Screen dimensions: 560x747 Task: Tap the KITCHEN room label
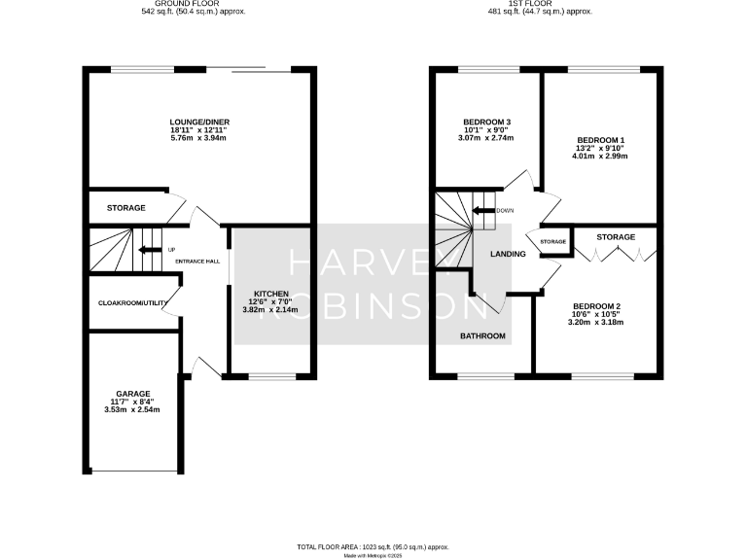pyautogui.click(x=271, y=293)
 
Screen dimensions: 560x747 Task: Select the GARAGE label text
pyautogui.click(x=132, y=393)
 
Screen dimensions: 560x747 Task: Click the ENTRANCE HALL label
pyautogui.click(x=197, y=262)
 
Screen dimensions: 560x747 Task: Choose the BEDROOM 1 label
pyautogui.click(x=600, y=139)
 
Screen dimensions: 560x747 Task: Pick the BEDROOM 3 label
pyautogui.click(x=486, y=122)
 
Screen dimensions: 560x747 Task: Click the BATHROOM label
pyautogui.click(x=482, y=336)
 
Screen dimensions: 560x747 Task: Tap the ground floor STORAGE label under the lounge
pyautogui.click(x=126, y=208)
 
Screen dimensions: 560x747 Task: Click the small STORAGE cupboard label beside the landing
pyautogui.click(x=552, y=241)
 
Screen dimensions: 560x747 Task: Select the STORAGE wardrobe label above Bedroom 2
pyautogui.click(x=615, y=237)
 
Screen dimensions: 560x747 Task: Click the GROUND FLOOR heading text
pyautogui.click(x=205, y=4)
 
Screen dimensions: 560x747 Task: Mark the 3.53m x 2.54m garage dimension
pyautogui.click(x=132, y=409)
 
